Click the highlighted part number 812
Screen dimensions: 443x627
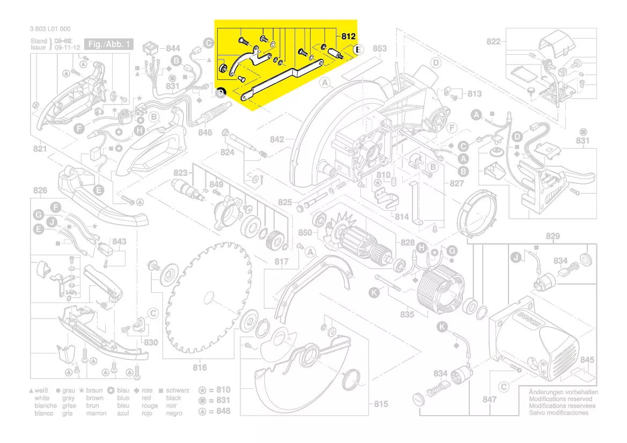[x=348, y=36]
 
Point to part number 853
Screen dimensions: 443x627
[x=379, y=49]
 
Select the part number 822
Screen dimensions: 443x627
[x=493, y=42]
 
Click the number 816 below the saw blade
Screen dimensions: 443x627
[x=200, y=367]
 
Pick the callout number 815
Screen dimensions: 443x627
[x=380, y=403]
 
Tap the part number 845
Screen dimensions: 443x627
[x=587, y=360]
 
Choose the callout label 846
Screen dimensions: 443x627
[x=205, y=132]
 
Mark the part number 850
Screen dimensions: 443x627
[x=305, y=233]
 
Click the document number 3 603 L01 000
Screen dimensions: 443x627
[x=47, y=29]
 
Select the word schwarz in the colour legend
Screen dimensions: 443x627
[x=178, y=391]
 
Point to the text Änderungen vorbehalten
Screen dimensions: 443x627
[x=563, y=392]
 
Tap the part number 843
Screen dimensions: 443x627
[x=120, y=242]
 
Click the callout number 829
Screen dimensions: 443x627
[x=552, y=237]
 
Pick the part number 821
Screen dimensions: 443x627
[x=40, y=149]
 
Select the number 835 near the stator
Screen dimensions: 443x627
[x=407, y=315]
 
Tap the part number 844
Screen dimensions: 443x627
[x=173, y=48]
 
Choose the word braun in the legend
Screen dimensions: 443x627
[x=95, y=391]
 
